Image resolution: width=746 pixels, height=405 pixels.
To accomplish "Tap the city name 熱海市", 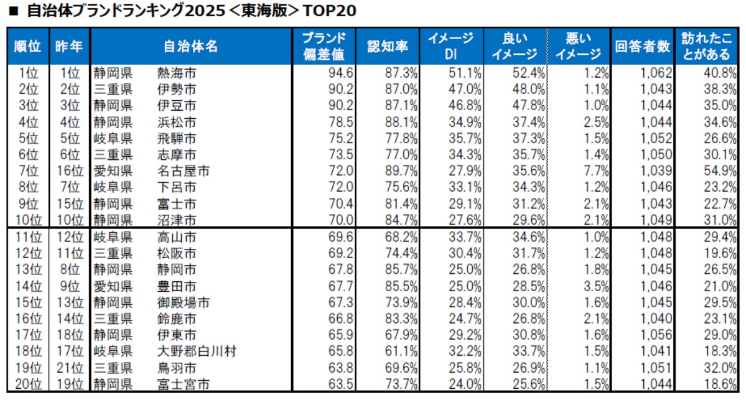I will click(177, 73).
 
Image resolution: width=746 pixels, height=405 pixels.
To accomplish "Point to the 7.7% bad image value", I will click(595, 170).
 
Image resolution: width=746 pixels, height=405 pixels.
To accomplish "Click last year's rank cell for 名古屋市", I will click(68, 170).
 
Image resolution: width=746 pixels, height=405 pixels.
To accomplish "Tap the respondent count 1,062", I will click(657, 73).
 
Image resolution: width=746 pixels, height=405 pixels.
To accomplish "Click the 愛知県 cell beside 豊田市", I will click(113, 287).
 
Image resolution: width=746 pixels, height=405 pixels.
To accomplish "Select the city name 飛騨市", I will click(177, 138).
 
